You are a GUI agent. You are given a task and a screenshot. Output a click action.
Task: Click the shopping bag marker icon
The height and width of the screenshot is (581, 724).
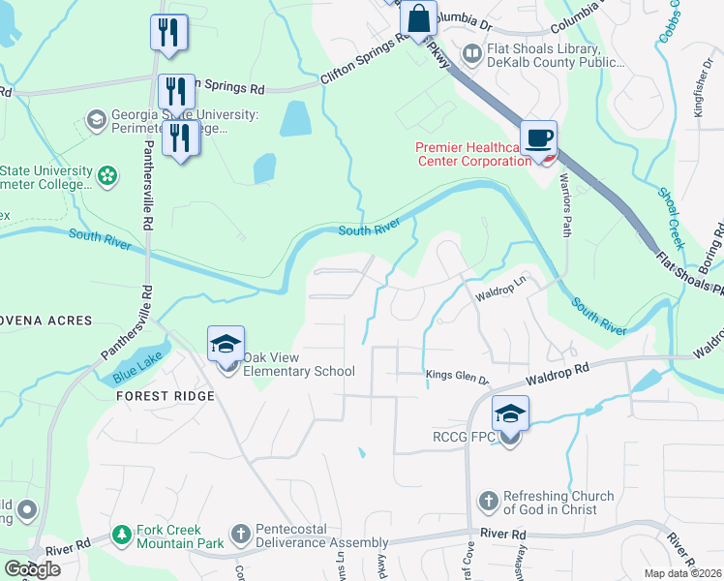click(418, 19)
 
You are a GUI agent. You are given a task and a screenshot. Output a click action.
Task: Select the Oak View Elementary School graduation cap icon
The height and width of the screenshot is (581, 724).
click(226, 343)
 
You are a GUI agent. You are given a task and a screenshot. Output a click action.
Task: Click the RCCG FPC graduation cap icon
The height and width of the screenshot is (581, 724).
click(510, 413)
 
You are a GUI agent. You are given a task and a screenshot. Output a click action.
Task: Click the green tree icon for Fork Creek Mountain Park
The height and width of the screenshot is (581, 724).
click(121, 534)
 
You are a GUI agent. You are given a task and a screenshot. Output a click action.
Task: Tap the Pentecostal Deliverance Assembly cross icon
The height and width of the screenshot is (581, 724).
click(241, 534)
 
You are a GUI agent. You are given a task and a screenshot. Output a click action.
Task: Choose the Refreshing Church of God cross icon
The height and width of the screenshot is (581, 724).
click(489, 503)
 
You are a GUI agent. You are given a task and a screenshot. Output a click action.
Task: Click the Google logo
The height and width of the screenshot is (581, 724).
click(32, 569)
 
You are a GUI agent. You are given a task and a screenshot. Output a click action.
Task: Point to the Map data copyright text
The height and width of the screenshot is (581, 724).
click(683, 573)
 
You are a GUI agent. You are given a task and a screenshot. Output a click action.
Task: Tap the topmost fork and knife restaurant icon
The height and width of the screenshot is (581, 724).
click(168, 33)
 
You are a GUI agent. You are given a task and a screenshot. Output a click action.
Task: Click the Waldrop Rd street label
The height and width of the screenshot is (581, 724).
click(558, 375)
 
